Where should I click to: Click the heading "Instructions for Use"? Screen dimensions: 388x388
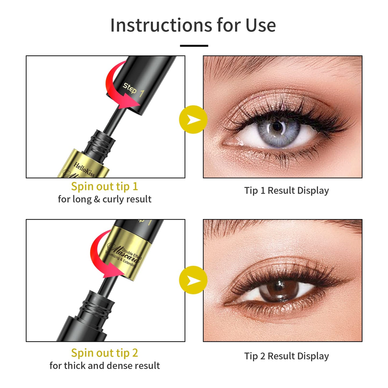coord(193,25)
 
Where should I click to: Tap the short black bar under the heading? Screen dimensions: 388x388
coord(194,46)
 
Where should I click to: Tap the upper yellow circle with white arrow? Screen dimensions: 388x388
coord(193,119)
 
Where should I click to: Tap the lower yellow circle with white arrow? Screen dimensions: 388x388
coord(193,280)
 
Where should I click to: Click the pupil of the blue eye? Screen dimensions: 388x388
coord(277,127)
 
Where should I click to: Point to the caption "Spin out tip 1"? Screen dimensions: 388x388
coord(104,186)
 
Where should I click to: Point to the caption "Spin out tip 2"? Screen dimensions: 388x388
coord(104,353)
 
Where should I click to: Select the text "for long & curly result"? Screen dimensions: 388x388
coord(104,199)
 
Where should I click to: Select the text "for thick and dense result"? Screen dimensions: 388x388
coord(104,366)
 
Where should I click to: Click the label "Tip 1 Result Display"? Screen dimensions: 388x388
coord(287,190)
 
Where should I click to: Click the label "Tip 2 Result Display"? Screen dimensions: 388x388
coord(287,356)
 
